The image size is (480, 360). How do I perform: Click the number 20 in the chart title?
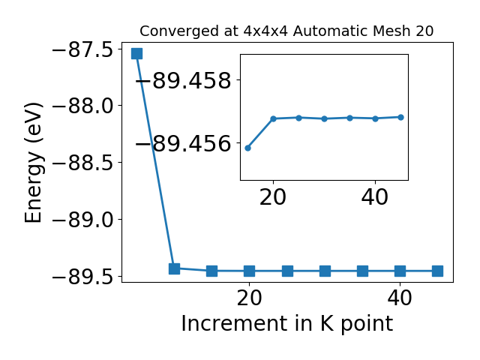(x=424, y=31)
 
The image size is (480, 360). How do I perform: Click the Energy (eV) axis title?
(x=33, y=163)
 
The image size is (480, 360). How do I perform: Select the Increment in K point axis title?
(x=286, y=323)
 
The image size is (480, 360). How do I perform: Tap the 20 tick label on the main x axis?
(x=249, y=298)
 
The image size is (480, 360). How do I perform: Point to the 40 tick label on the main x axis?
(x=400, y=298)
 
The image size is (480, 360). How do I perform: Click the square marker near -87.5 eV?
(x=136, y=53)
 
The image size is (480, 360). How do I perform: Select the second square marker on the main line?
(x=174, y=268)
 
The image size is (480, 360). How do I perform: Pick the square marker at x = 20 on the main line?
(x=250, y=271)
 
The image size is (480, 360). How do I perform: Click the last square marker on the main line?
(x=437, y=271)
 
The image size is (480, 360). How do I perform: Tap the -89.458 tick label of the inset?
(x=184, y=81)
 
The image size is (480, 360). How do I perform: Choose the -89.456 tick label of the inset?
(x=184, y=143)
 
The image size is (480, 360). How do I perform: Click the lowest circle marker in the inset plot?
(x=248, y=148)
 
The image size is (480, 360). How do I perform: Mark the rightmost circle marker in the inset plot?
(x=400, y=117)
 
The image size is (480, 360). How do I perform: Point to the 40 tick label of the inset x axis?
(x=375, y=197)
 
